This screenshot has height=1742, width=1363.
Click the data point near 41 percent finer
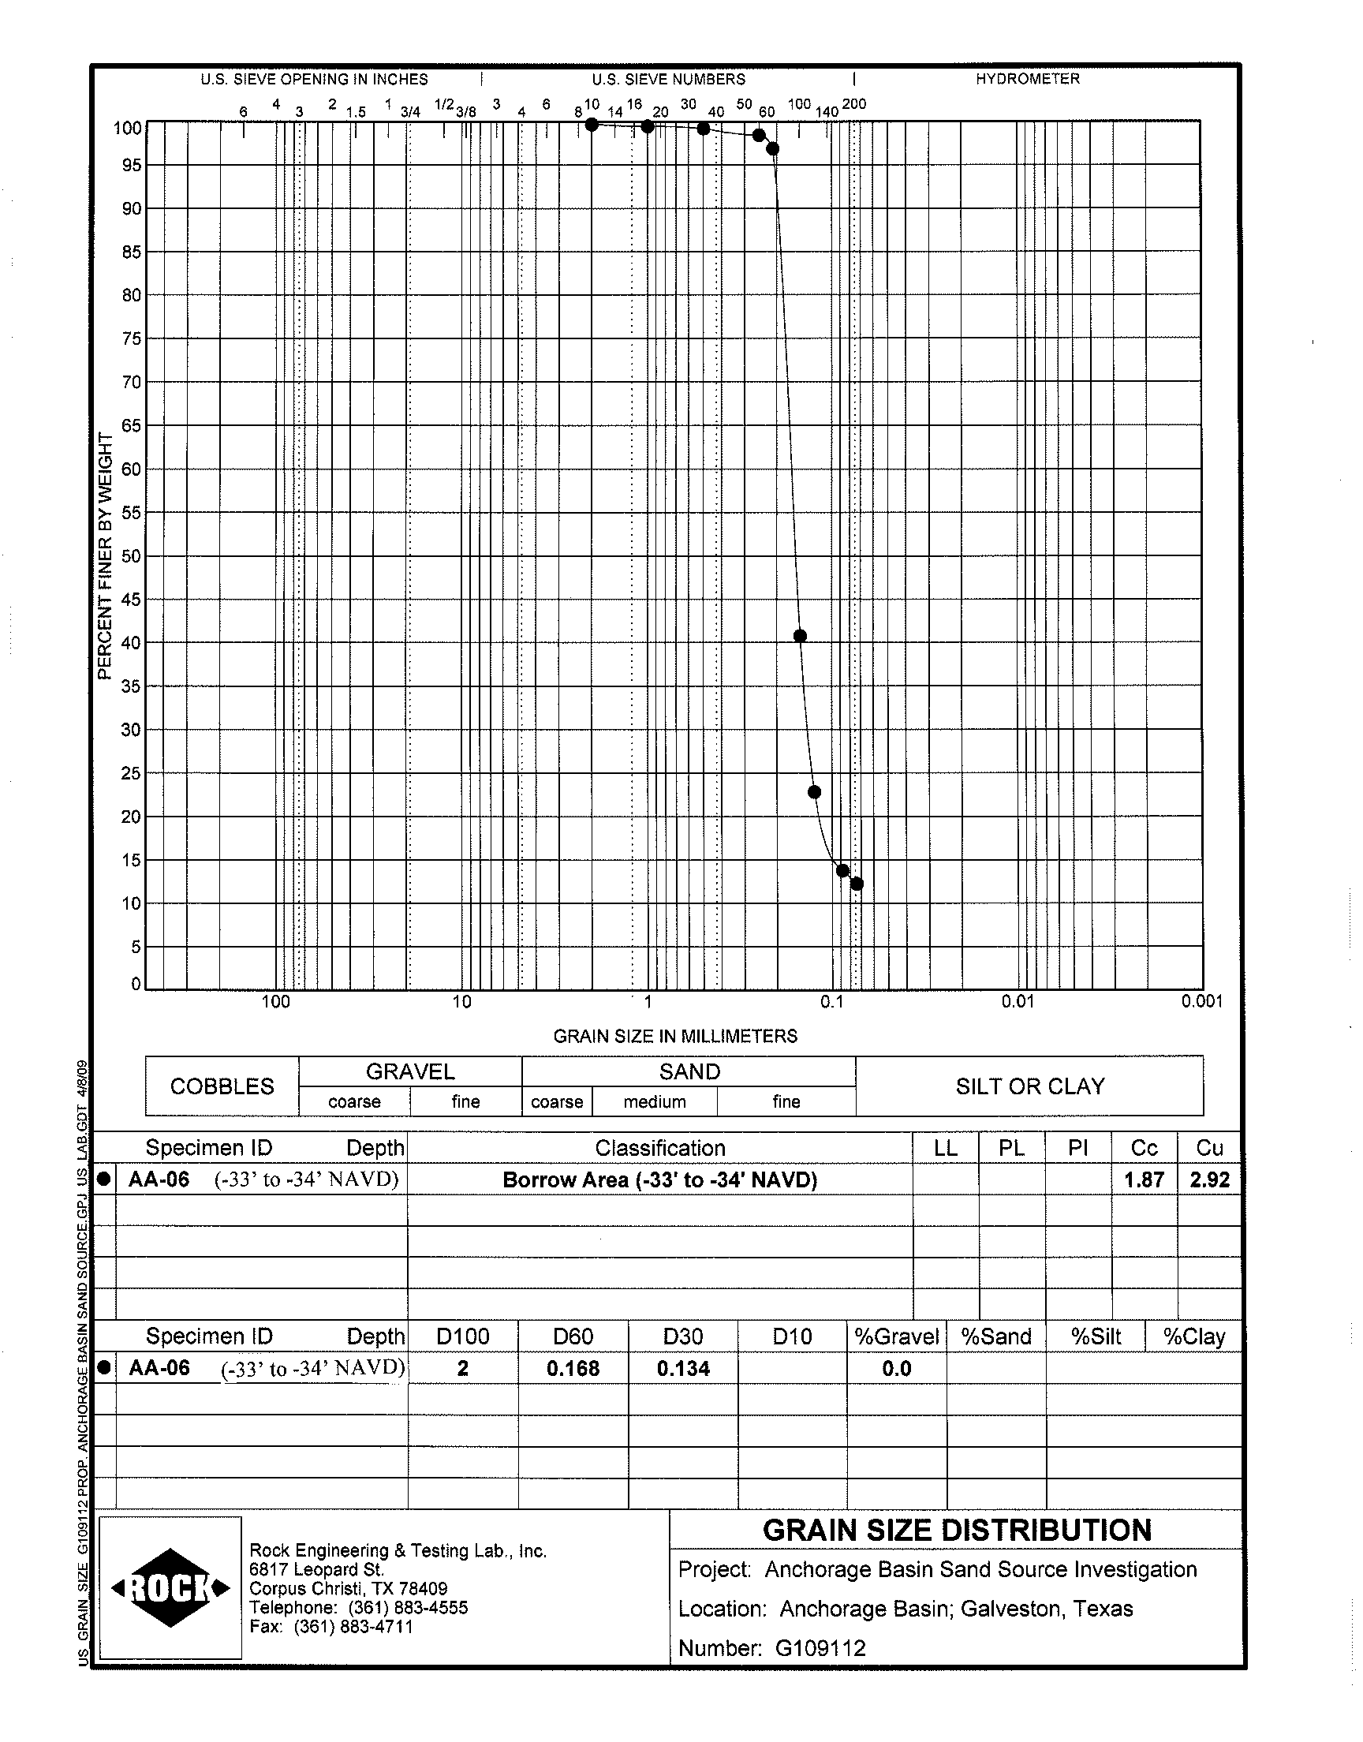coord(800,636)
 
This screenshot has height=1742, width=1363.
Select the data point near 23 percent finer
coord(814,791)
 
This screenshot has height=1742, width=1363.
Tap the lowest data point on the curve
coord(857,884)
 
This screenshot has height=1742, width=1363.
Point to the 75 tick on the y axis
coord(131,338)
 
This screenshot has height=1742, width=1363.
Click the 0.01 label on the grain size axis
coord(1018,1001)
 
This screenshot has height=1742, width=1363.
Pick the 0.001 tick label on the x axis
coord(1202,1001)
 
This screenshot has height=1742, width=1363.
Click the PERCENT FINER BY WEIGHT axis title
coord(105,555)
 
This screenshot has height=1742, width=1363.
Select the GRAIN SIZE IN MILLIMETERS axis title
coord(675,1036)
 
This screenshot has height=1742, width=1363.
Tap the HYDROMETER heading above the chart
coord(1027,79)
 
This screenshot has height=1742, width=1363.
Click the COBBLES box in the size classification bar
coord(222,1086)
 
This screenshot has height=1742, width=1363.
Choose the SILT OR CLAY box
coord(1029,1086)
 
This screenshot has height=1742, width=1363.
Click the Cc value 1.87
coord(1144,1179)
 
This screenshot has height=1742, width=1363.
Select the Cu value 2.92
coord(1209,1179)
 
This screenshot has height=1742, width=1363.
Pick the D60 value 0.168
coord(572,1369)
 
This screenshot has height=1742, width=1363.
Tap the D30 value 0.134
coord(683,1369)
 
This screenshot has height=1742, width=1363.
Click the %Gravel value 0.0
coord(896,1369)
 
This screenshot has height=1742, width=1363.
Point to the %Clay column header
coord(1193,1336)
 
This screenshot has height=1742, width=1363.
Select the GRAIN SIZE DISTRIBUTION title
coord(957,1530)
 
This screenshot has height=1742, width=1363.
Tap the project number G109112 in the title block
coord(820,1647)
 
